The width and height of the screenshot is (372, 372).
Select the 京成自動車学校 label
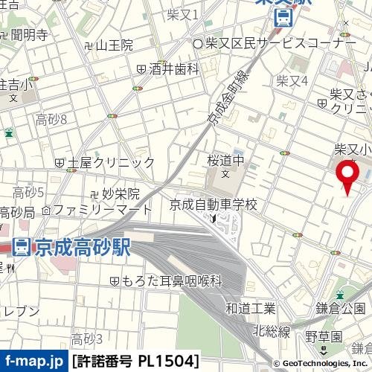(x=213, y=204)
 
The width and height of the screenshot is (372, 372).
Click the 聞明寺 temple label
(x=29, y=33)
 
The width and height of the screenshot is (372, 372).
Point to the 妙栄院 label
(x=115, y=193)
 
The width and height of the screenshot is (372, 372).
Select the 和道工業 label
(x=250, y=308)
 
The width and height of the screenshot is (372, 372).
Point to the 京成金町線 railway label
(x=226, y=103)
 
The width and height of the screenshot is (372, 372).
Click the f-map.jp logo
(x=33, y=362)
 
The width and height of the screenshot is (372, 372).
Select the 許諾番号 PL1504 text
(x=135, y=362)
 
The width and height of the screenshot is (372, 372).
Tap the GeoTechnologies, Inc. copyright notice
(x=319, y=363)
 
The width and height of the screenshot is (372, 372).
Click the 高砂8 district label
(x=51, y=119)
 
